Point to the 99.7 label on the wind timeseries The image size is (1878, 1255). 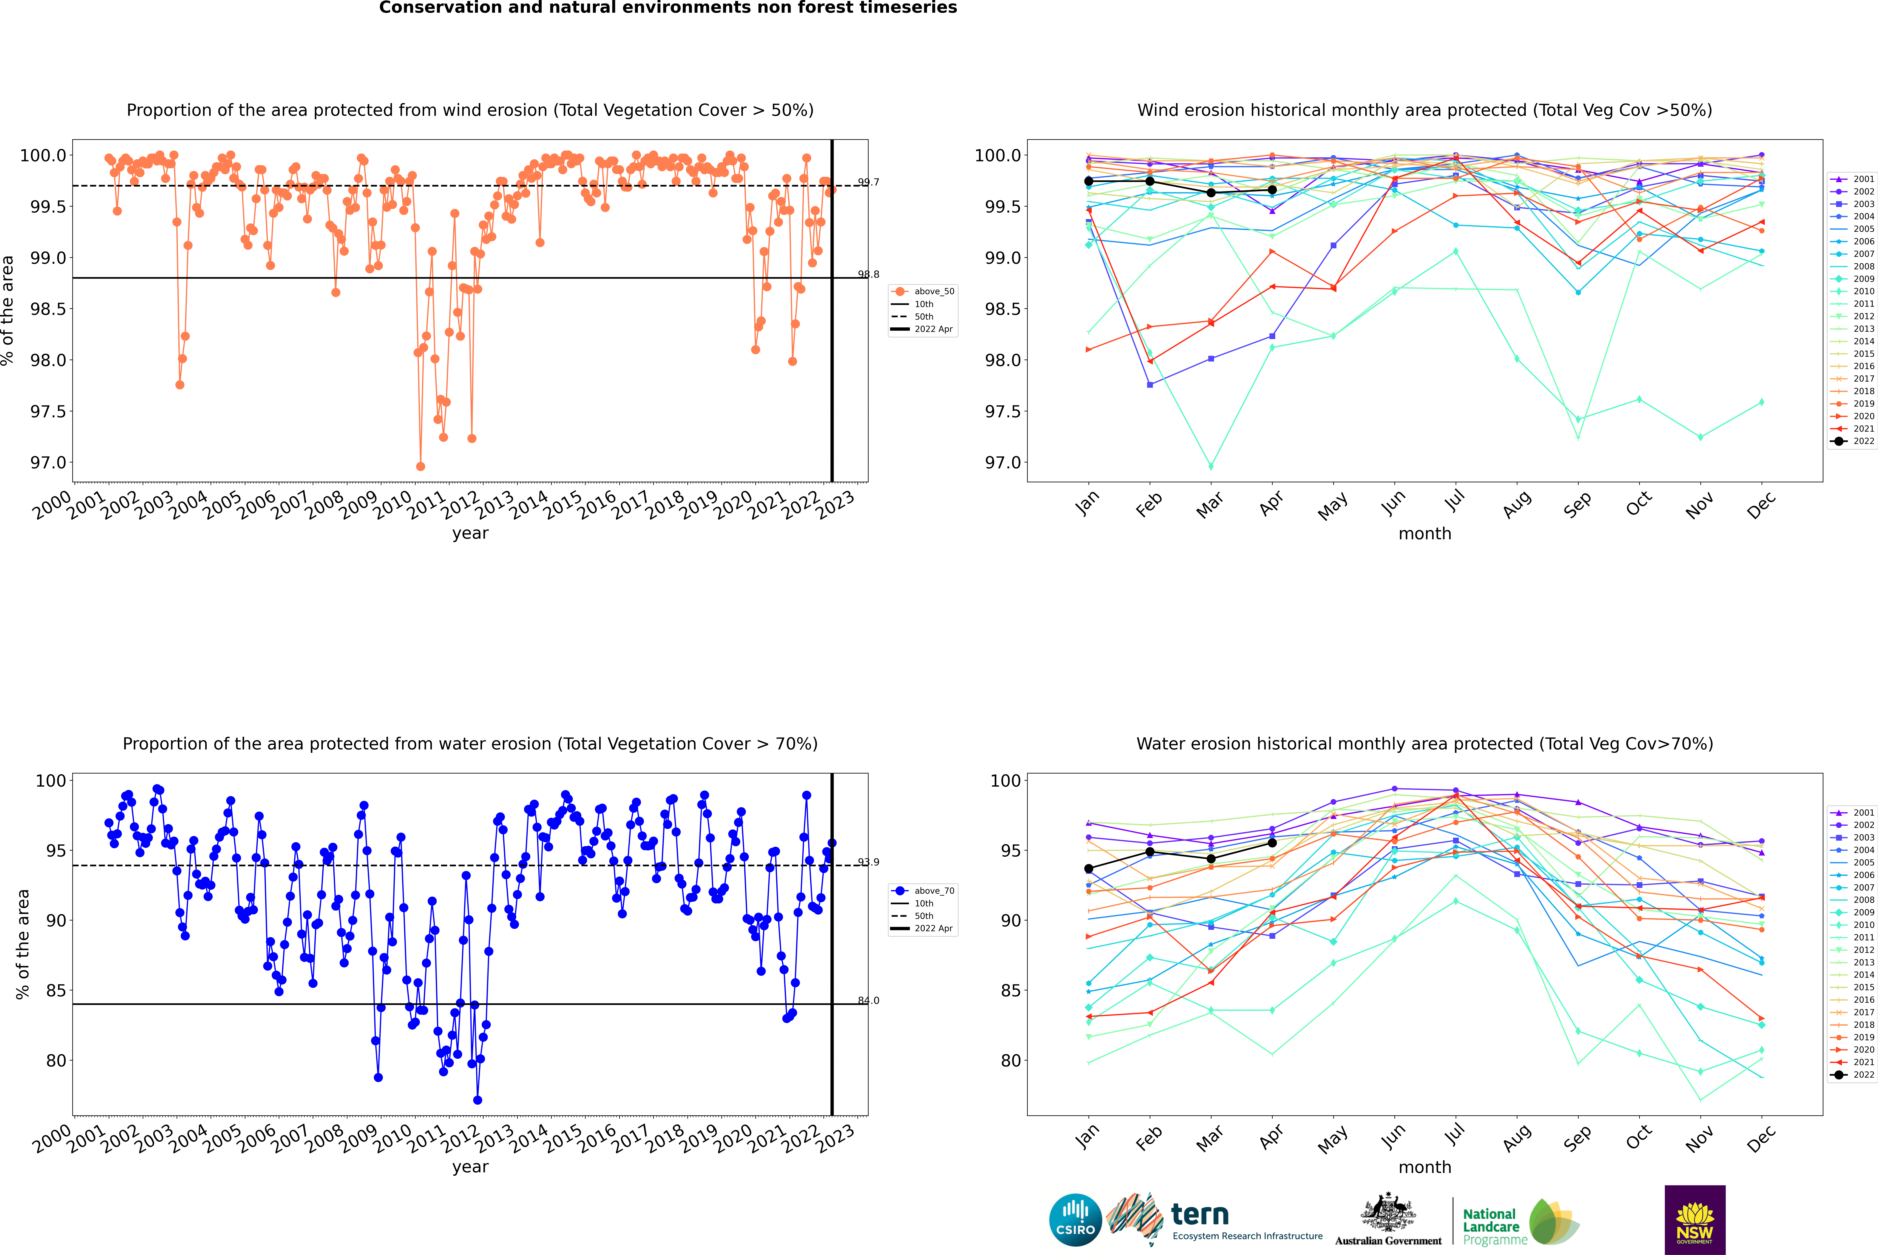[869, 183]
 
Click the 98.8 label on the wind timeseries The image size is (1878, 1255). [869, 275]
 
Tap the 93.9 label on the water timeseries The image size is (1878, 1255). [869, 862]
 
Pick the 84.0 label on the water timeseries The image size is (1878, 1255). [869, 1001]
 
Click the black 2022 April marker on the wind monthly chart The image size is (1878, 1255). [1272, 190]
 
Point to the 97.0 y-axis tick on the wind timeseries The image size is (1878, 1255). [48, 463]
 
